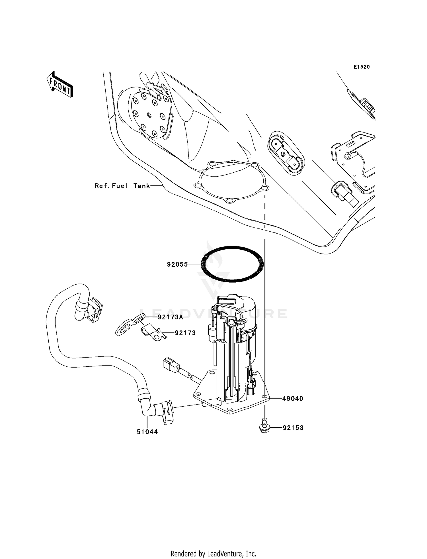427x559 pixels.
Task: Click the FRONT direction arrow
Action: pyautogui.click(x=60, y=84)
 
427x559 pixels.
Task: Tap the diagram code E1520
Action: pyautogui.click(x=362, y=67)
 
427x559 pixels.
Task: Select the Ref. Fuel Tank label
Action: pyautogui.click(x=122, y=186)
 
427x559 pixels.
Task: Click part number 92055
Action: pyautogui.click(x=177, y=264)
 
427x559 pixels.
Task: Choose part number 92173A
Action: pyautogui.click(x=170, y=317)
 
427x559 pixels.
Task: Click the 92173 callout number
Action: pyautogui.click(x=185, y=333)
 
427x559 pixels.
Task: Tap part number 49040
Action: pyautogui.click(x=293, y=399)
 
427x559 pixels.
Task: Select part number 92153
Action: pyautogui.click(x=293, y=428)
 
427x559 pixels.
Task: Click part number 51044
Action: pyautogui.click(x=147, y=432)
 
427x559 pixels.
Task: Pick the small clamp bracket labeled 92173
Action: pyautogui.click(x=153, y=332)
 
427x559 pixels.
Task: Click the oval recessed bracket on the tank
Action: pyautogui.click(x=286, y=153)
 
